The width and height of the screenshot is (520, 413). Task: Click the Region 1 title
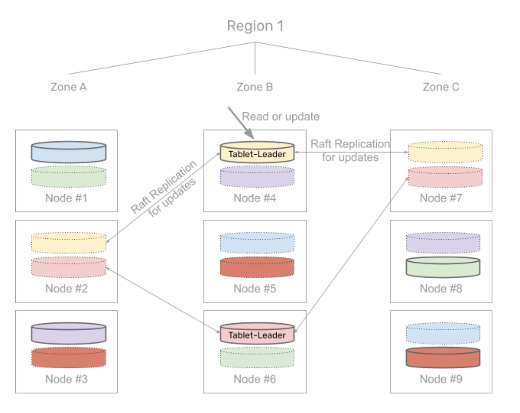pos(255,26)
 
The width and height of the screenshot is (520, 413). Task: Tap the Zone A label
pos(69,87)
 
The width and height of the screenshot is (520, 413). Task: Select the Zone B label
pos(255,87)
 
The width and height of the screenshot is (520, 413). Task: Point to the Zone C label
pos(441,87)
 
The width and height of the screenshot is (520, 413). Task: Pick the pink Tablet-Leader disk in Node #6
pos(257,334)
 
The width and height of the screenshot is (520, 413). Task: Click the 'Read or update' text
pos(280,116)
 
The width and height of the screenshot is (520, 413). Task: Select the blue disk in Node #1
pos(68,152)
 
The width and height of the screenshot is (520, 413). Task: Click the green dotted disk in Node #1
pos(68,176)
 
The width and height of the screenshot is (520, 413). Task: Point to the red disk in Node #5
pos(257,267)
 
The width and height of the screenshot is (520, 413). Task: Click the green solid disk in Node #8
pos(443,267)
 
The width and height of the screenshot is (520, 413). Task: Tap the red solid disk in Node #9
pos(443,357)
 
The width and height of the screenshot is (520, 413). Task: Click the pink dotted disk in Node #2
pos(68,267)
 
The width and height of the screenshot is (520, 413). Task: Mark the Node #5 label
pos(255,289)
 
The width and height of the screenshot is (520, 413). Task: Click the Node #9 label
pos(441,379)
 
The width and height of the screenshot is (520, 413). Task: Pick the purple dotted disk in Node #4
pos(257,176)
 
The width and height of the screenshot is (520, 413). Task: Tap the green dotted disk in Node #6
pos(257,357)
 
